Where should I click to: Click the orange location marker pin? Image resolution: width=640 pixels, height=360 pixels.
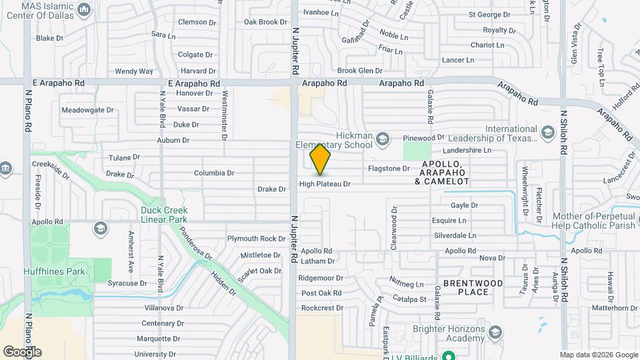coord(320,159)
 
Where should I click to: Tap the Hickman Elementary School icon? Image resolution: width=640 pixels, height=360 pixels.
coord(382,139)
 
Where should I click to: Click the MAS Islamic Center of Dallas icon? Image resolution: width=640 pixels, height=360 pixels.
coord(85,10)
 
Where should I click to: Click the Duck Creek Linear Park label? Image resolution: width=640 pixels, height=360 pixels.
coord(163,214)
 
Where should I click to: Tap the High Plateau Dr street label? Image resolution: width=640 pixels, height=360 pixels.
coord(325,184)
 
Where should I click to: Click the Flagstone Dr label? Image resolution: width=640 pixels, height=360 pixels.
coord(389,169)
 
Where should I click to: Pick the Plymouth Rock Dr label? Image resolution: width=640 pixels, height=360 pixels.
coord(257,239)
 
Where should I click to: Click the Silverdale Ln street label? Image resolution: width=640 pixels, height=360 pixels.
coord(455,235)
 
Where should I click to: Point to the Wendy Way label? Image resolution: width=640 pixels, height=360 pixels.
coord(134,71)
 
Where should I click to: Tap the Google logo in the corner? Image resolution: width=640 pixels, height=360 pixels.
coord(22,351)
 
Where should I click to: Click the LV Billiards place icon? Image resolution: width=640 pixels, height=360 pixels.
coord(449,356)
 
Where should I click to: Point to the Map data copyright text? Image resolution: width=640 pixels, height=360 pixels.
coord(598,355)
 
